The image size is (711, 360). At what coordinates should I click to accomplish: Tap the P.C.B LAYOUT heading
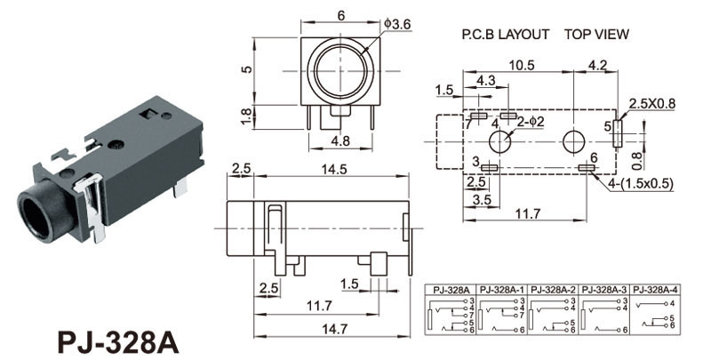(x=506, y=35)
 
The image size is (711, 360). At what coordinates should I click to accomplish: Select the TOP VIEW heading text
(x=596, y=35)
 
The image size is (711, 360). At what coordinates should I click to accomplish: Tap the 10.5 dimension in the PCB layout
(x=522, y=65)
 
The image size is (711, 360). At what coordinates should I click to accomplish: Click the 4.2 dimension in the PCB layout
(x=597, y=65)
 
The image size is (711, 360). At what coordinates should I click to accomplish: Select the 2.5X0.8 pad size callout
(x=652, y=103)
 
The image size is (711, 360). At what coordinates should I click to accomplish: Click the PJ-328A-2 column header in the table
(x=553, y=290)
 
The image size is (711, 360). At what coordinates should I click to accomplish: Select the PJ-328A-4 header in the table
(x=656, y=290)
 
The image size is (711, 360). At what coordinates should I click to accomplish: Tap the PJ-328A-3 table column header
(x=604, y=290)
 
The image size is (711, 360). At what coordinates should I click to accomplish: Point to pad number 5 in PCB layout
(x=609, y=126)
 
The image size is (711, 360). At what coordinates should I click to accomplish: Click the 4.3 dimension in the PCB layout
(x=487, y=81)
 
